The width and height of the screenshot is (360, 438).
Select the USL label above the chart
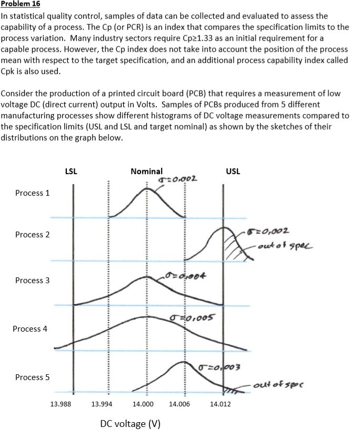pyautogui.click(x=232, y=171)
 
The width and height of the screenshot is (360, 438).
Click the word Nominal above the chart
pyautogui.click(x=147, y=171)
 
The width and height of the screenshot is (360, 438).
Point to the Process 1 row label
pyautogui.click(x=33, y=193)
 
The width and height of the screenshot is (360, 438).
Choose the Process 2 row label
pyautogui.click(x=33, y=234)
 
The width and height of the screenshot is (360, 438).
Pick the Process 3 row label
pyautogui.click(x=33, y=280)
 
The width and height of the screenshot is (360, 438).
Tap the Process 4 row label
pyautogui.click(x=30, y=328)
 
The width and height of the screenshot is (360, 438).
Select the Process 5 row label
pyautogui.click(x=33, y=377)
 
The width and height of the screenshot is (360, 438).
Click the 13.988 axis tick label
pyautogui.click(x=61, y=404)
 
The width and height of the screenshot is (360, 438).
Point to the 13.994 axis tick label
pyautogui.click(x=102, y=404)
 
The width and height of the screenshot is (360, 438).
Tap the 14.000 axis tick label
pyautogui.click(x=143, y=404)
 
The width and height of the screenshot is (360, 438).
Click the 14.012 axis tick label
pyautogui.click(x=220, y=404)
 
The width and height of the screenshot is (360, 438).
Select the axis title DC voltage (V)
pyautogui.click(x=129, y=424)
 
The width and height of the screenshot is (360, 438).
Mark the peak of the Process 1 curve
pyautogui.click(x=147, y=188)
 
